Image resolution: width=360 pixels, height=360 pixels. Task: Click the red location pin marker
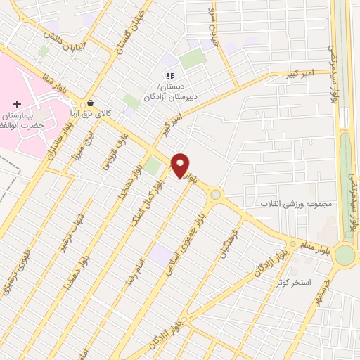(180, 165)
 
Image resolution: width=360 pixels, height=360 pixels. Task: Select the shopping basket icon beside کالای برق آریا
(90, 102)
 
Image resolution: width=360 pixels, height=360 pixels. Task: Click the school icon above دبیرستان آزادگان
(169, 76)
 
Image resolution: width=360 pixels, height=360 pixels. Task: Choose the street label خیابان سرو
(214, 20)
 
